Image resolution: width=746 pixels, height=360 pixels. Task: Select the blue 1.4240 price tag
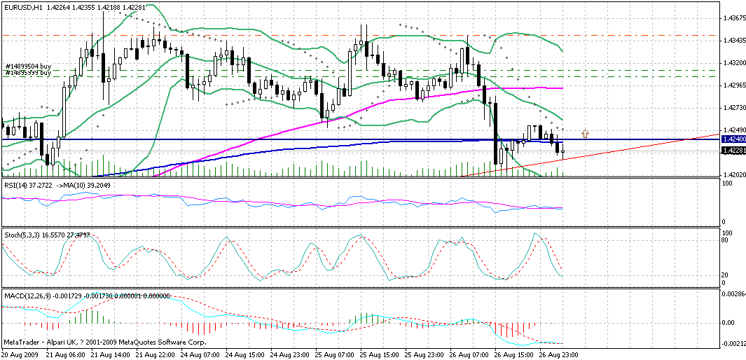(x=733, y=140)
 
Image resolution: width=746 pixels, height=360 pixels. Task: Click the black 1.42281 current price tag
(x=733, y=150)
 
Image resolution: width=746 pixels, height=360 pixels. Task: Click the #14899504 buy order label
(x=28, y=67)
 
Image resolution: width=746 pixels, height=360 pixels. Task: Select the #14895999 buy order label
(x=28, y=72)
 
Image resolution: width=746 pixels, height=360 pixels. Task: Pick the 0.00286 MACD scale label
(x=734, y=295)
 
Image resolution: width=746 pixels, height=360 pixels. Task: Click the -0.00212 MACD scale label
(x=734, y=344)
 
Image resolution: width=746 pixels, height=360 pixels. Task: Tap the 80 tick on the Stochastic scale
(x=726, y=240)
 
